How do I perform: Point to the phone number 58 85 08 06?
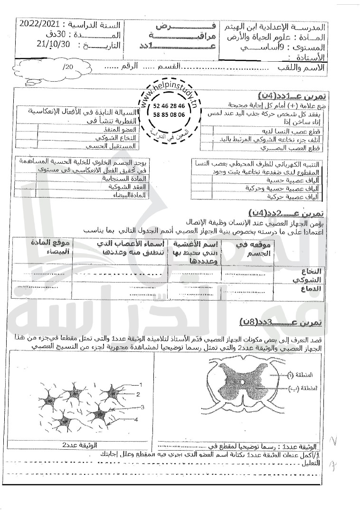coord(170,115)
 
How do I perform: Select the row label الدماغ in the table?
coord(311,288)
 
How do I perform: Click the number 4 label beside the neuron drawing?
coord(136,419)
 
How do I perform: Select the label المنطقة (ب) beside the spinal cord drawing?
coord(299,388)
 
